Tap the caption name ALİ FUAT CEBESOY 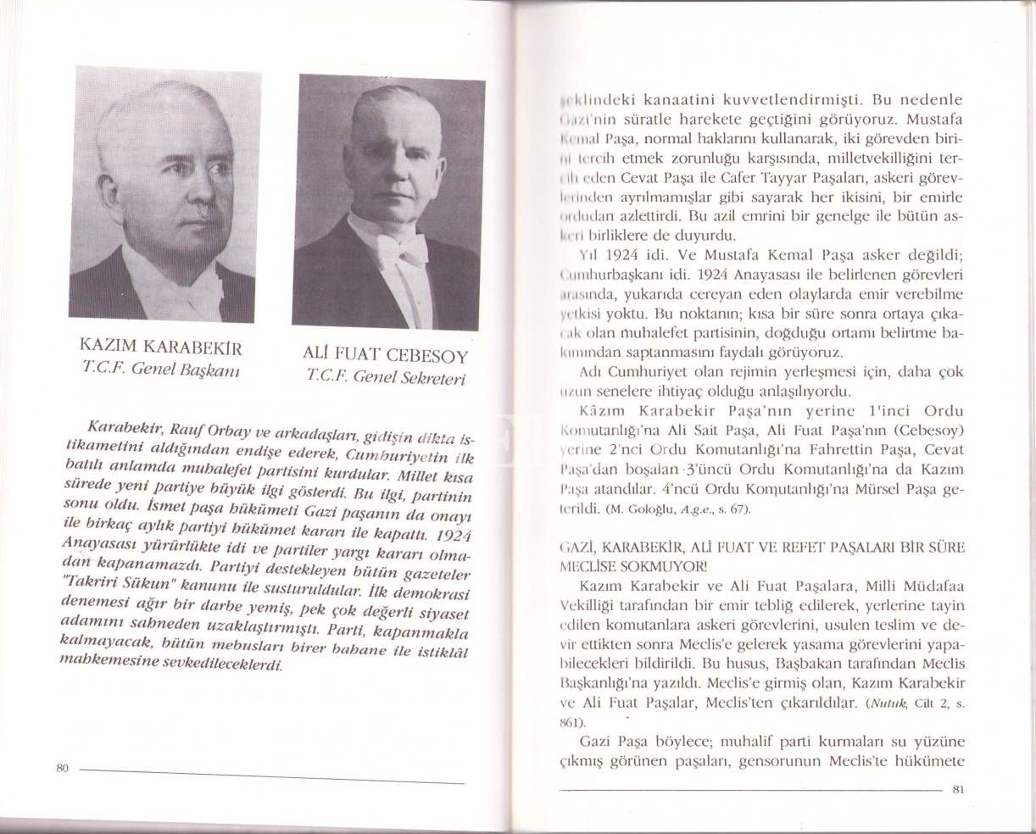tap(385, 355)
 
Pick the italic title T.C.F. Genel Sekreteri tap(387, 379)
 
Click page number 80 tap(62, 767)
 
